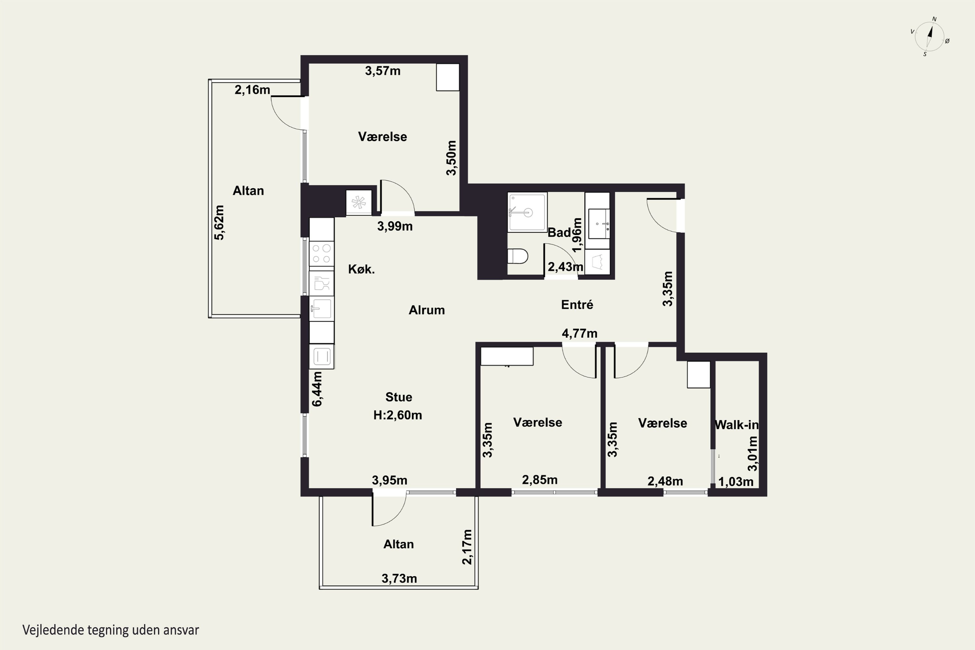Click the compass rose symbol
930,36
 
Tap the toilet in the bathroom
518,256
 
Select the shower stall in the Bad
527,212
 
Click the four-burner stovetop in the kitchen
321,254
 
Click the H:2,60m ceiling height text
397,415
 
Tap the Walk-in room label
737,424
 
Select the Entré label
577,305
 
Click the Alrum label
426,310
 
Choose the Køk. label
361,269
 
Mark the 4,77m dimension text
579,333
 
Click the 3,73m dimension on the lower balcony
399,578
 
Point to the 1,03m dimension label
736,482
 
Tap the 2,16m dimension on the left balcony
253,90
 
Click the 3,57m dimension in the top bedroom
383,71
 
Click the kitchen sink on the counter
321,308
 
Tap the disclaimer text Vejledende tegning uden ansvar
111,630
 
